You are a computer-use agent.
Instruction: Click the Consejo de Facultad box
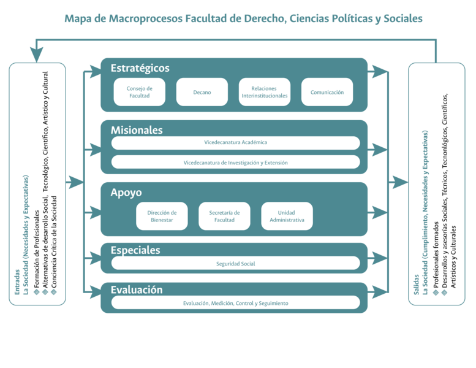tap(139, 92)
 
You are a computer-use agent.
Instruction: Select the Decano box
tap(202, 92)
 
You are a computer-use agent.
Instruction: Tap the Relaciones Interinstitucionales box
tap(264, 92)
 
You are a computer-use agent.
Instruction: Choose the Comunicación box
tap(327, 92)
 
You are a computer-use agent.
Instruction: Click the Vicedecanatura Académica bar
tap(235, 142)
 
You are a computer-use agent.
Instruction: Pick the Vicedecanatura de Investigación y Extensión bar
tap(235, 163)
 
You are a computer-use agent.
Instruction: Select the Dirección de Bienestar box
tap(162, 216)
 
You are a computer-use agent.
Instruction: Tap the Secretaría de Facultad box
tap(224, 216)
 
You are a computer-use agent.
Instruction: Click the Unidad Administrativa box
tap(287, 216)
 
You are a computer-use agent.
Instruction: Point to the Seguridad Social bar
tap(235, 264)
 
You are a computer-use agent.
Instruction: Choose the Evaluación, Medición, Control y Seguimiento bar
tap(235, 303)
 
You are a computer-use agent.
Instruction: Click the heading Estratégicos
tap(140, 68)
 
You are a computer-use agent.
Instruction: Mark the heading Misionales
tap(137, 130)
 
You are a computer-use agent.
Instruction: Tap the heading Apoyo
tap(126, 192)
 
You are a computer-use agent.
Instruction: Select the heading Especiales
tap(135, 250)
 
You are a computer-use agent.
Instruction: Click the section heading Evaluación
tap(137, 289)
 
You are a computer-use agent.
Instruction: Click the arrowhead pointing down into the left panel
tap(37, 55)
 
